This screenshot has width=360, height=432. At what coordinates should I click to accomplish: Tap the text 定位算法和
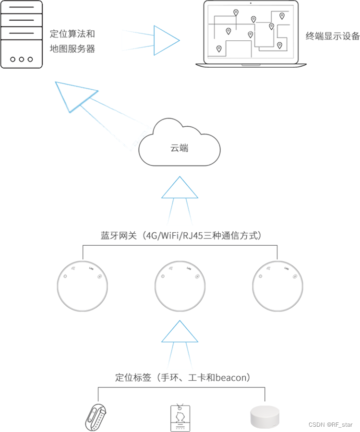click(72, 34)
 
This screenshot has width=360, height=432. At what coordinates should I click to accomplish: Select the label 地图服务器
click(72, 49)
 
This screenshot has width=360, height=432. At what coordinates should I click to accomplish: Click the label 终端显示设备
click(333, 36)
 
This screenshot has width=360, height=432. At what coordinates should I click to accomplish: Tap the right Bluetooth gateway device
click(277, 287)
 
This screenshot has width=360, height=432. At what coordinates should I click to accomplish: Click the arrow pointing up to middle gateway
click(180, 332)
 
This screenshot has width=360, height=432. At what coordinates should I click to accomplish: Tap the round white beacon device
click(264, 417)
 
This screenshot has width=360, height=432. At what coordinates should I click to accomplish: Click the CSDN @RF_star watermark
click(330, 425)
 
